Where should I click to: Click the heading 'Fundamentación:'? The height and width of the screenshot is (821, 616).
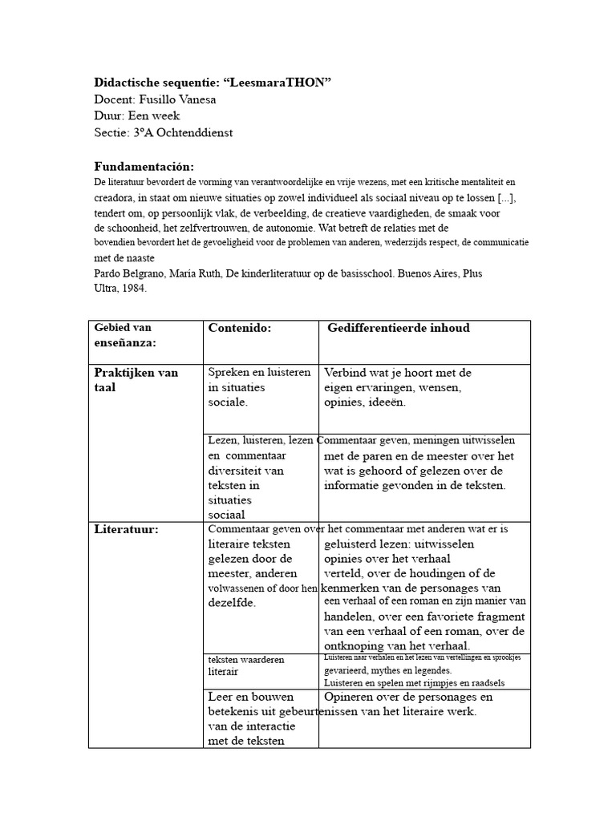144,166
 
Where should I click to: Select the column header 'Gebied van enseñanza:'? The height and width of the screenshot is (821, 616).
125,335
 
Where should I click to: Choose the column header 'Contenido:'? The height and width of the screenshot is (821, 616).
240,328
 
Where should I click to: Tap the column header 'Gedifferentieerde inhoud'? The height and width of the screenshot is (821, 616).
398,328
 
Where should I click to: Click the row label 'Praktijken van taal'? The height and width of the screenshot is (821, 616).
136,380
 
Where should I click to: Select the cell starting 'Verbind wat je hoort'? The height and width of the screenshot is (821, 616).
397,387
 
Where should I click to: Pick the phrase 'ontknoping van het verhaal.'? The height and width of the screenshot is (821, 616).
397,645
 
